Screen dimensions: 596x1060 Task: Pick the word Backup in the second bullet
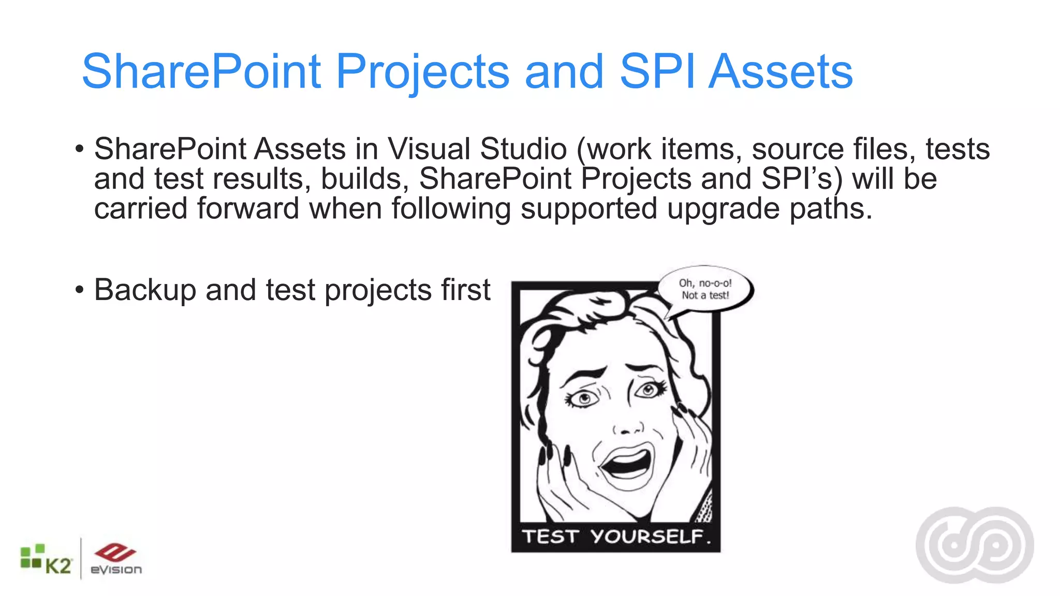click(x=144, y=290)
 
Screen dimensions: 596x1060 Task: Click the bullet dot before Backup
click(x=79, y=290)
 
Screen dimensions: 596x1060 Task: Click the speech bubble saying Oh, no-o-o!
click(x=705, y=289)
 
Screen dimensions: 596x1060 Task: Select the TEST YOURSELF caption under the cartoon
click(x=616, y=537)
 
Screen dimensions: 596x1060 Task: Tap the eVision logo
click(x=115, y=560)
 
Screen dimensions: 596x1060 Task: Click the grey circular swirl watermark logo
click(x=975, y=545)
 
